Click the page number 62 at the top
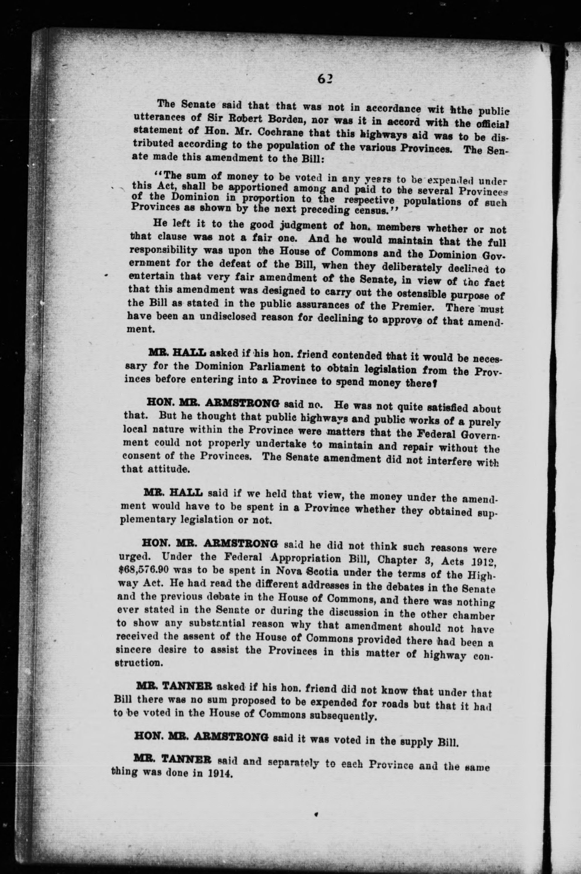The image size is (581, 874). pos(326,79)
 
